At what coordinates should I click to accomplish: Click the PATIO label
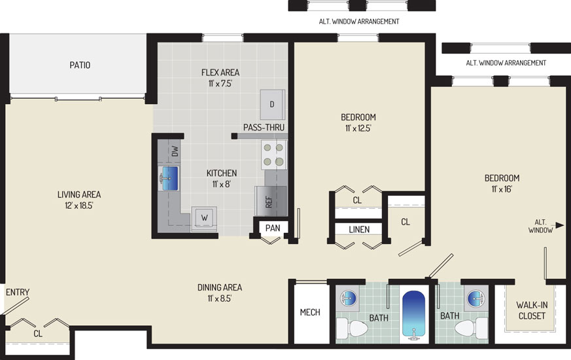point(80,65)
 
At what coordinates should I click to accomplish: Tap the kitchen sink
point(169,179)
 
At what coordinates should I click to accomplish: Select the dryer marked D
point(272,104)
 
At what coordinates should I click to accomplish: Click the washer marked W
point(204,219)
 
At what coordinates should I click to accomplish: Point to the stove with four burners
point(274,155)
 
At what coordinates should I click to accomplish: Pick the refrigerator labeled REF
point(270,201)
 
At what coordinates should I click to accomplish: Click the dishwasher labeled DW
point(175,151)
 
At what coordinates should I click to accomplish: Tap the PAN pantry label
point(273,228)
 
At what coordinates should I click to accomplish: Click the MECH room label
point(310,312)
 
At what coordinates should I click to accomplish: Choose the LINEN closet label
point(359,230)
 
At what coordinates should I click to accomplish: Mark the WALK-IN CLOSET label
point(532,310)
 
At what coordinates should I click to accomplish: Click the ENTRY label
point(18,292)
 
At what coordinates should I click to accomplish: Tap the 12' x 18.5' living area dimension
point(79,206)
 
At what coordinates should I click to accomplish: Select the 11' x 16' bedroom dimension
point(502,189)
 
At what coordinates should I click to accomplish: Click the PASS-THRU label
point(264,128)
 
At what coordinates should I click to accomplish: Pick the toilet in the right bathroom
point(471,327)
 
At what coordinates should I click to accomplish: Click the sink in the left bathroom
point(349,298)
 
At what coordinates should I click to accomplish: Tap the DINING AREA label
point(220,287)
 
